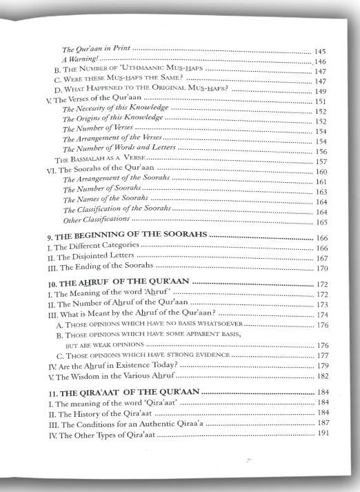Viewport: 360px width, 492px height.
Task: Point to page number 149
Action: (319, 90)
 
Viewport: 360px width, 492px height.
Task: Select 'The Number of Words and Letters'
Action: (119, 149)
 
